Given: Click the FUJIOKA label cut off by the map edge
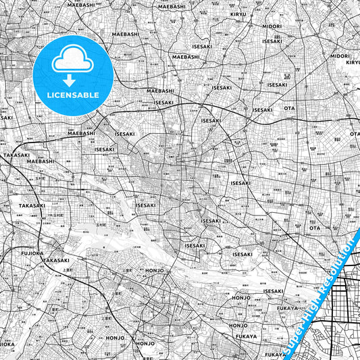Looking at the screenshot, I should click(x=5, y=343).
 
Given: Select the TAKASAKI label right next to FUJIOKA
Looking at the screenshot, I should click(x=55, y=260).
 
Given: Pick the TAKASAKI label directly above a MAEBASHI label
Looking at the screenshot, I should click(x=16, y=155).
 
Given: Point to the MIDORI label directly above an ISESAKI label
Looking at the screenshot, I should click(x=272, y=26).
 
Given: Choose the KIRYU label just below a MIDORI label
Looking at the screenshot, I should click(x=353, y=62).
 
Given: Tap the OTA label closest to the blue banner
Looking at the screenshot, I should click(x=315, y=228).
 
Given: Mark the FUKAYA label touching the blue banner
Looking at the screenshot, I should click(x=276, y=354).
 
